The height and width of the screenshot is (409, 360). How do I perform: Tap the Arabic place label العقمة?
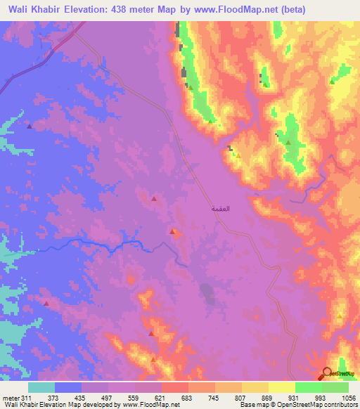coord(220,209)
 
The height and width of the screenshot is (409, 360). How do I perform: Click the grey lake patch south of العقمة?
coord(208,292)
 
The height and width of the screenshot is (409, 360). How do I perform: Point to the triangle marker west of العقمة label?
coord(154,200)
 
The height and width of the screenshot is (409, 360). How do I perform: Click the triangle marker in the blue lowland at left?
coord(29,126)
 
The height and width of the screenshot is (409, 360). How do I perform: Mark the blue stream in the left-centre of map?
coord(105,244)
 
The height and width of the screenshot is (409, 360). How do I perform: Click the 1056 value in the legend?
coord(349,398)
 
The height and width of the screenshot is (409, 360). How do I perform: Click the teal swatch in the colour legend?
coord(41,387)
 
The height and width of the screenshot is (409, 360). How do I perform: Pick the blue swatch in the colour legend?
coord(68,387)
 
